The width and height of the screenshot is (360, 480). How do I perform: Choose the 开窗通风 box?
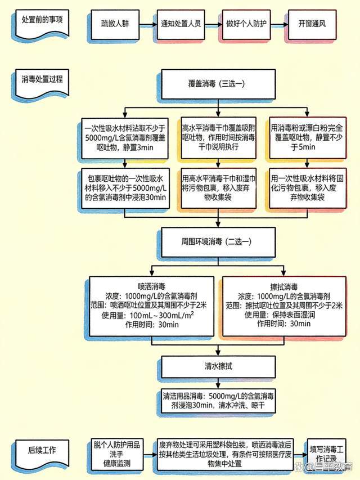coord(312,25)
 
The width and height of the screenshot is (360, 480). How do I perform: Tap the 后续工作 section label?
coord(42,450)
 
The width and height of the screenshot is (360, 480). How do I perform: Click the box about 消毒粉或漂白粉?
coord(311,137)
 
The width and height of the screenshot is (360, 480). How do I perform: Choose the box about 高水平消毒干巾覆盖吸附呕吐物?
coord(219,137)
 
